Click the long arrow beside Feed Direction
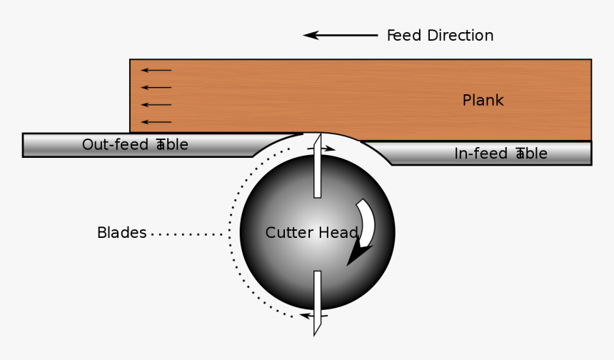341,35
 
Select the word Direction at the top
460,35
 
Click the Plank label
483,100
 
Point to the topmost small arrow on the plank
156,70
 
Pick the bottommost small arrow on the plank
156,122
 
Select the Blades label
121,233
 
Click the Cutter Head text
311,233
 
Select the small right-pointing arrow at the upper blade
326,149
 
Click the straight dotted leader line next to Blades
187,234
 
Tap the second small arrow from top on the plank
156,87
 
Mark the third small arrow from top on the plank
156,105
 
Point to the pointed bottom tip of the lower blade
316,334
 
